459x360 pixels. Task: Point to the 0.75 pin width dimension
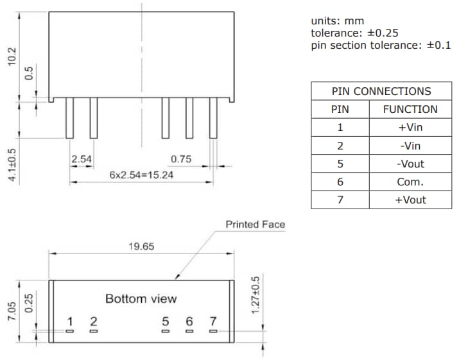click(x=182, y=159)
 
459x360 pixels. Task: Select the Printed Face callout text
click(x=255, y=224)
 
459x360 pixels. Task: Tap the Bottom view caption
click(x=141, y=298)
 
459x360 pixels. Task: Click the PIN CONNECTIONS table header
click(x=381, y=91)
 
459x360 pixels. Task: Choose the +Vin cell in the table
click(x=410, y=127)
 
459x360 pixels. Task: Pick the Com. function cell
click(x=410, y=182)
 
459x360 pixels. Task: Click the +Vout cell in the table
click(x=410, y=200)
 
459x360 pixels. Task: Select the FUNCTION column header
click(x=410, y=109)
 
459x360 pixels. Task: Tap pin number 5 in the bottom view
click(x=166, y=321)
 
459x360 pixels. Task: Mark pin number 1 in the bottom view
click(x=70, y=321)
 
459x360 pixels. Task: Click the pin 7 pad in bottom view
click(x=213, y=331)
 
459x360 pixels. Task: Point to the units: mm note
click(x=337, y=21)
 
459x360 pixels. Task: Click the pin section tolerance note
click(x=381, y=46)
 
